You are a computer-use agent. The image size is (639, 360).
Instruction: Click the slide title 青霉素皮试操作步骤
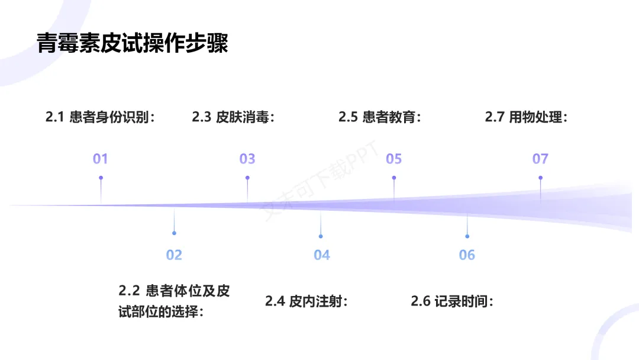pos(133,43)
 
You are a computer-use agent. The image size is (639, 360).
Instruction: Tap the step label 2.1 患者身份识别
pos(101,117)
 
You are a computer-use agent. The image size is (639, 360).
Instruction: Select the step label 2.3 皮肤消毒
pos(234,117)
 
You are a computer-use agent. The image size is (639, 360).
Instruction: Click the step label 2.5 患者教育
pos(380,117)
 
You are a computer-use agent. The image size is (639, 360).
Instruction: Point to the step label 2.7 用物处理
pos(527,117)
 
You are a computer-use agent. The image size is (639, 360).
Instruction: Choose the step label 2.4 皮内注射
pos(306,301)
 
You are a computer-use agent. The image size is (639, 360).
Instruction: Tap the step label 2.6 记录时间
pos(452,301)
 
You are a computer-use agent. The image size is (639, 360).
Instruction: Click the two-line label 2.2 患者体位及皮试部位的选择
pos(174,301)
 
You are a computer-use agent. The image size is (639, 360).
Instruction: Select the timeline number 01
pos(101,159)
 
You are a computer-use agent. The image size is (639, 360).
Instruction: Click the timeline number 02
pos(174,255)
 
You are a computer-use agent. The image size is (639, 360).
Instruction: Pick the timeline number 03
pos(247,159)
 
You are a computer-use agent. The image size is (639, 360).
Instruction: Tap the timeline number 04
pos(321,255)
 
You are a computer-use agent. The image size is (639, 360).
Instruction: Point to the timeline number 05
pos(394,159)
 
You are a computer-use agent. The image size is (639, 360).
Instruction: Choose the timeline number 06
pos(467,255)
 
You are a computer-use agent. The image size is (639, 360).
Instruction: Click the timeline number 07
pos(540,159)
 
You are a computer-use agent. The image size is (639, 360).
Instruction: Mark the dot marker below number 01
pos(101,178)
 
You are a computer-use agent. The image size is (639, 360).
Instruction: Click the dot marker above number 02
pos(174,233)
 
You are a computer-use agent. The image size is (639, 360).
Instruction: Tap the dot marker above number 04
pos(321,236)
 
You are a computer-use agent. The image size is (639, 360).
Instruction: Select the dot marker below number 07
pos(540,178)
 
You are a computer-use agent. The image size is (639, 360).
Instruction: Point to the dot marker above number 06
pos(467,236)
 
